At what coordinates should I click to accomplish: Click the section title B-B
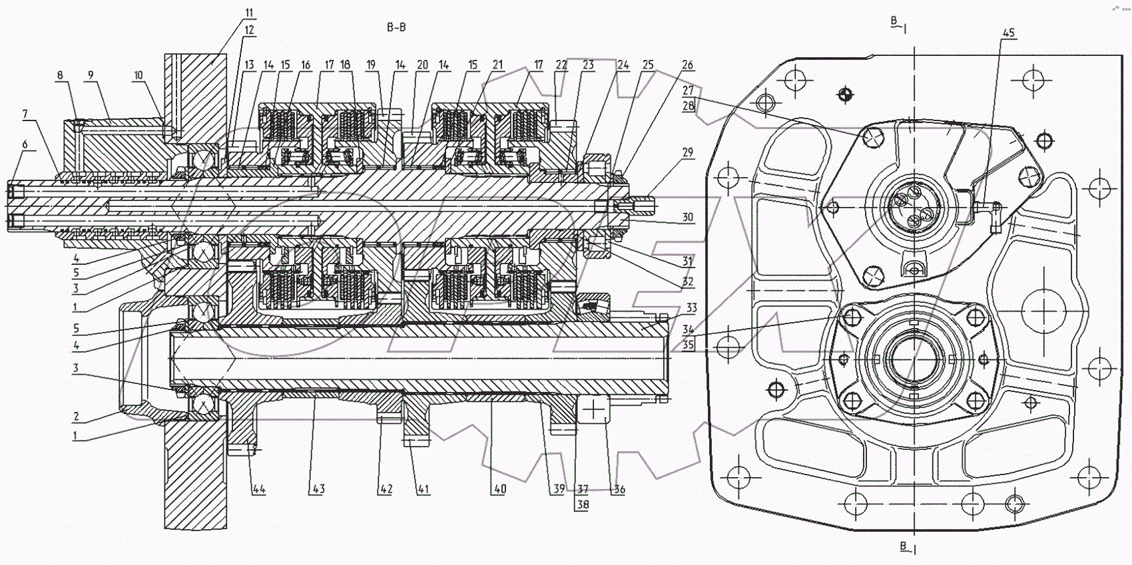tap(396, 27)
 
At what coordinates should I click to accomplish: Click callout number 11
tap(249, 13)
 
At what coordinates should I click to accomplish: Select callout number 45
tap(1009, 33)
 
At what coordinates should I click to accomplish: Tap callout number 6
tap(25, 144)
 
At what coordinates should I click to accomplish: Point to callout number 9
tap(90, 75)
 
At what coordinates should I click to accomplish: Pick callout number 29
tap(688, 152)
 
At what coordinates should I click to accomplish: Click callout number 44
tap(258, 489)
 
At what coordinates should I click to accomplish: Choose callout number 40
tap(499, 489)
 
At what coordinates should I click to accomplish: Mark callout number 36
tap(619, 490)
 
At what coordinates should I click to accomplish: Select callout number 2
tap(77, 417)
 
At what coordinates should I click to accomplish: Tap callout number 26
tap(688, 65)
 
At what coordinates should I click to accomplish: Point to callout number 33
tap(691, 308)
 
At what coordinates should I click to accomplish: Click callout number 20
tap(422, 65)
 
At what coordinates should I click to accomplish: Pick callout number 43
tap(318, 489)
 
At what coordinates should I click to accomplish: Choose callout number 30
tap(688, 217)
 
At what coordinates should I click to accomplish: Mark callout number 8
tap(60, 75)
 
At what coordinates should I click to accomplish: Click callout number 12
tap(249, 30)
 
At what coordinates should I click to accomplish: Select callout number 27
tap(688, 90)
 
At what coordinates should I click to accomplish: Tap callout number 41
tap(423, 489)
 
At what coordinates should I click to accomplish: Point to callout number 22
tap(561, 65)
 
